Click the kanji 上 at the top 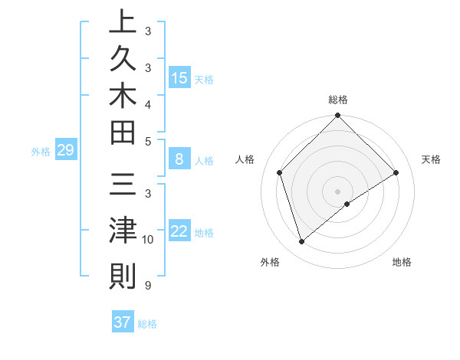(x=122, y=23)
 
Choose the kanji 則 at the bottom (x=122, y=275)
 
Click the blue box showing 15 (x=179, y=78)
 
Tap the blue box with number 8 (x=179, y=159)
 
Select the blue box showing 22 (x=179, y=231)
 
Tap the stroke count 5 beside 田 (x=147, y=141)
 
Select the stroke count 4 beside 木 (x=147, y=103)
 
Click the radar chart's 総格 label (x=338, y=100)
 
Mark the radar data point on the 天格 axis (x=396, y=172)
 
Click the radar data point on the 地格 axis (x=347, y=204)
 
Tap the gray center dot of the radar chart (x=338, y=191)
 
